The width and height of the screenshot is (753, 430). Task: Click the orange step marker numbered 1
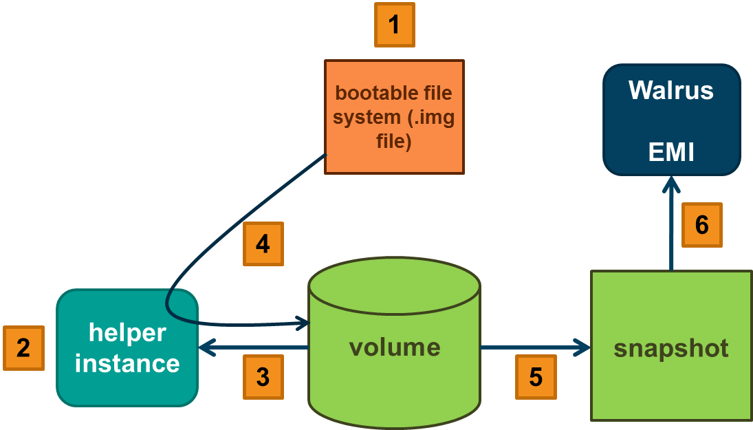[x=394, y=25]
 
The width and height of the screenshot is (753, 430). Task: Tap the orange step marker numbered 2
[x=23, y=348]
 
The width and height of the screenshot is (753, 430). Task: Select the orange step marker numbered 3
[x=263, y=376]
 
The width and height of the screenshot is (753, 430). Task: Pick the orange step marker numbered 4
[x=263, y=244]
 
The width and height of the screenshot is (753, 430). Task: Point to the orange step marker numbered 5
[x=536, y=376]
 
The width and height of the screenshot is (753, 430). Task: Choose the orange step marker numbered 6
[x=702, y=225]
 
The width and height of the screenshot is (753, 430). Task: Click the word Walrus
[x=671, y=91]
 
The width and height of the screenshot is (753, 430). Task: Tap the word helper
[x=127, y=333]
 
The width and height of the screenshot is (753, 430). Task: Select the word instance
[x=127, y=363]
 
